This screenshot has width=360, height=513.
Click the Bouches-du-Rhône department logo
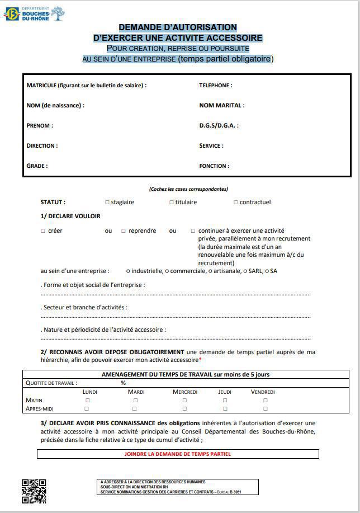(34, 13)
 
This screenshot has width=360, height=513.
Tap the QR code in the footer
(34, 491)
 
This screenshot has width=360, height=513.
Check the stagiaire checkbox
(107, 203)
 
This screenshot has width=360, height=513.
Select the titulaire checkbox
(172, 203)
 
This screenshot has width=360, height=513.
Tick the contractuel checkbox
(236, 203)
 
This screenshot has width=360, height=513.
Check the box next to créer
(43, 231)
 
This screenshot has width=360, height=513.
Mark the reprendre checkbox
(124, 231)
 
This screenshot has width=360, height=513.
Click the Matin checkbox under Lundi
(87, 401)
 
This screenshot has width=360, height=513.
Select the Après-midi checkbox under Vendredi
(265, 409)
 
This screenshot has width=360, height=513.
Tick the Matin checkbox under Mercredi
(184, 401)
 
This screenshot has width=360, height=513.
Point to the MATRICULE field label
(87, 86)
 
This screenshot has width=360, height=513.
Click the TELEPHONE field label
(216, 86)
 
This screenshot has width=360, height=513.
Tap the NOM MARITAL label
(222, 106)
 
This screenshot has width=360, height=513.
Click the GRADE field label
(37, 166)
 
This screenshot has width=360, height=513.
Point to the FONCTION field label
(214, 166)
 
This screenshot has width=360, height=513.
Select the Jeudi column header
(225, 392)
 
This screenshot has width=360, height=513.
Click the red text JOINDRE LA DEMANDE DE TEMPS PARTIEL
(177, 454)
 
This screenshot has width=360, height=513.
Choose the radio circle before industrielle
(128, 271)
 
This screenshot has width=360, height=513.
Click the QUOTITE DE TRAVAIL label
(51, 383)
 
